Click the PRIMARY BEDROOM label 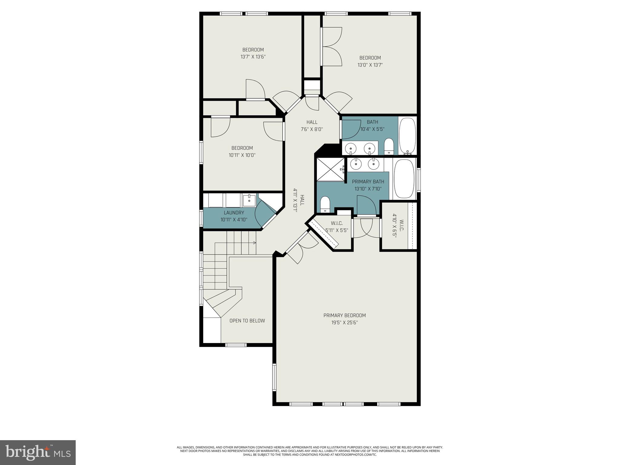click(x=345, y=315)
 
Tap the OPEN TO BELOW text click(x=247, y=321)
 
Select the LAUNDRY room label click(x=234, y=213)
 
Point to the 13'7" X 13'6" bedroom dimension click(x=253, y=57)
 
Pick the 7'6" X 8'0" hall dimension click(x=312, y=129)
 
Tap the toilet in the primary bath click(x=325, y=204)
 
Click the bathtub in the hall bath click(x=407, y=136)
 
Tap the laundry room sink click(x=249, y=200)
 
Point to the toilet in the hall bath click(x=389, y=147)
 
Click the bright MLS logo click(x=38, y=452)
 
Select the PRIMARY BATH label click(x=368, y=182)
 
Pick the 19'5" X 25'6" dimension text click(x=345, y=323)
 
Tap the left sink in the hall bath click(x=351, y=148)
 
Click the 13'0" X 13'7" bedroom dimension click(x=370, y=65)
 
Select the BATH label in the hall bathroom click(x=372, y=122)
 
